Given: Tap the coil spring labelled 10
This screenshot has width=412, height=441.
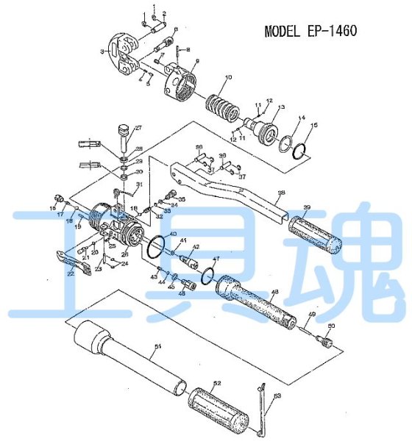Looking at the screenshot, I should pos(220,107).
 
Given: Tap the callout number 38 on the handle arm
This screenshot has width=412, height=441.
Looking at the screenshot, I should pos(280,194).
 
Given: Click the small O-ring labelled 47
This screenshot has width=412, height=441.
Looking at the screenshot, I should pos(207,274).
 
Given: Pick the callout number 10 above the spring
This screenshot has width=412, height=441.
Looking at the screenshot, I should pos(228,76).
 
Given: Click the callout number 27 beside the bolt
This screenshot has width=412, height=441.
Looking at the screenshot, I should pos(138,128).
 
